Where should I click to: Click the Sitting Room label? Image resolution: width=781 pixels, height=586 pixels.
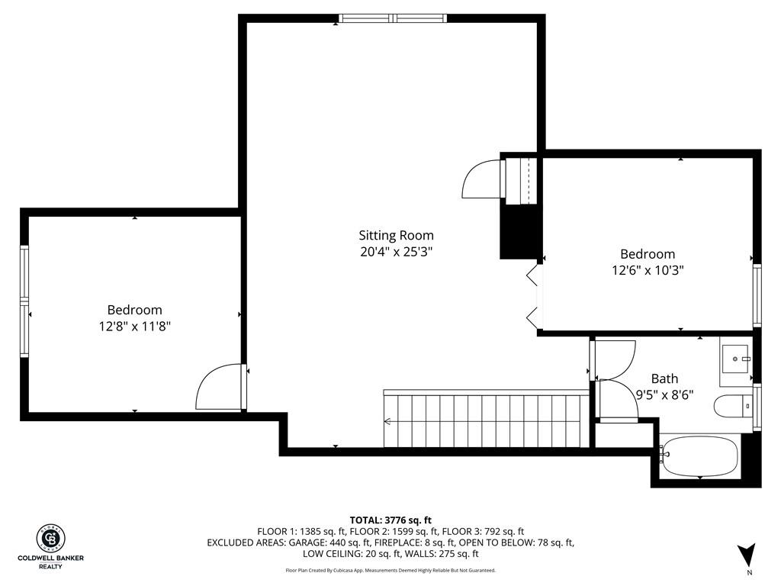pyautogui.click(x=396, y=235)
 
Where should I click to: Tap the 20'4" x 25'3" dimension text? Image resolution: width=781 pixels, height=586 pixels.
pyautogui.click(x=396, y=252)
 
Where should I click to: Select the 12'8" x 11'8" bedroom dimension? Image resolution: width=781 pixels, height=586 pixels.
pyautogui.click(x=134, y=327)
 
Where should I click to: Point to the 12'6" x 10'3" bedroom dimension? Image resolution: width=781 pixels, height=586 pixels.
pyautogui.click(x=648, y=270)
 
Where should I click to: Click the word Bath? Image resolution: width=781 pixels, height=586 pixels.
pyautogui.click(x=664, y=378)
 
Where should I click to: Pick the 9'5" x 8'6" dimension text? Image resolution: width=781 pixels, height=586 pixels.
pyautogui.click(x=665, y=394)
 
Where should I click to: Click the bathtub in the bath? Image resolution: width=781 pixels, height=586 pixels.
pyautogui.click(x=700, y=456)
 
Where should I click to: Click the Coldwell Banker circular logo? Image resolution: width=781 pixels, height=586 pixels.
pyautogui.click(x=51, y=539)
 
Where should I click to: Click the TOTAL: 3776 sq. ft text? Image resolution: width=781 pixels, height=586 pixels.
pyautogui.click(x=390, y=520)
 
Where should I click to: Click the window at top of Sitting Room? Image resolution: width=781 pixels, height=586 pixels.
pyautogui.click(x=393, y=18)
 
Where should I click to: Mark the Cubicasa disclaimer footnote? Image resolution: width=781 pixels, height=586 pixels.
pyautogui.click(x=390, y=570)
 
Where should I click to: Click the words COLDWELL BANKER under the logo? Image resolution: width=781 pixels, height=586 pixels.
pyautogui.click(x=51, y=558)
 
